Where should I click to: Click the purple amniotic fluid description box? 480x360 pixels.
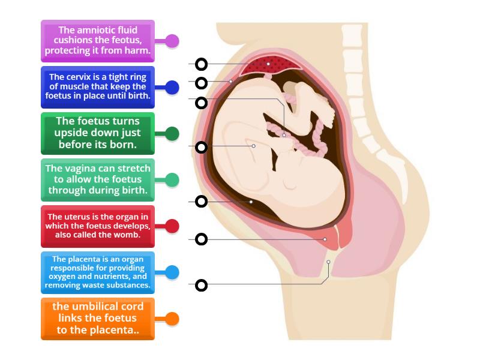pyautogui.click(x=98, y=41)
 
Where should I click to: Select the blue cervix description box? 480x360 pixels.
pyautogui.click(x=98, y=87)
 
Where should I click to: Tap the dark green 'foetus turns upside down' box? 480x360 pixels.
pyautogui.click(x=98, y=133)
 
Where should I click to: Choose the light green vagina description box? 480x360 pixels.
pyautogui.click(x=98, y=179)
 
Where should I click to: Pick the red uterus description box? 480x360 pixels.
pyautogui.click(x=98, y=226)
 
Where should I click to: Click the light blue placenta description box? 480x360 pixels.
pyautogui.click(x=98, y=272)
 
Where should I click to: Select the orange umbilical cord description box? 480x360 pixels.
pyautogui.click(x=98, y=319)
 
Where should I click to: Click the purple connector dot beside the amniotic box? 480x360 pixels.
pyautogui.click(x=172, y=41)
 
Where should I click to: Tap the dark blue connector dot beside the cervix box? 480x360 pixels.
pyautogui.click(x=172, y=88)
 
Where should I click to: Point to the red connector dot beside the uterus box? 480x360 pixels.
pyautogui.click(x=172, y=226)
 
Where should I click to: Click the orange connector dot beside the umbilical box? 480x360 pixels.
pyautogui.click(x=172, y=319)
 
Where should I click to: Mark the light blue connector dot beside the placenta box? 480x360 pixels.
pyautogui.click(x=172, y=272)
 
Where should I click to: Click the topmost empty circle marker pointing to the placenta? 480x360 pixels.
pyautogui.click(x=202, y=64)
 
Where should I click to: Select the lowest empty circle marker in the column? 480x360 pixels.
pyautogui.click(x=202, y=285)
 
